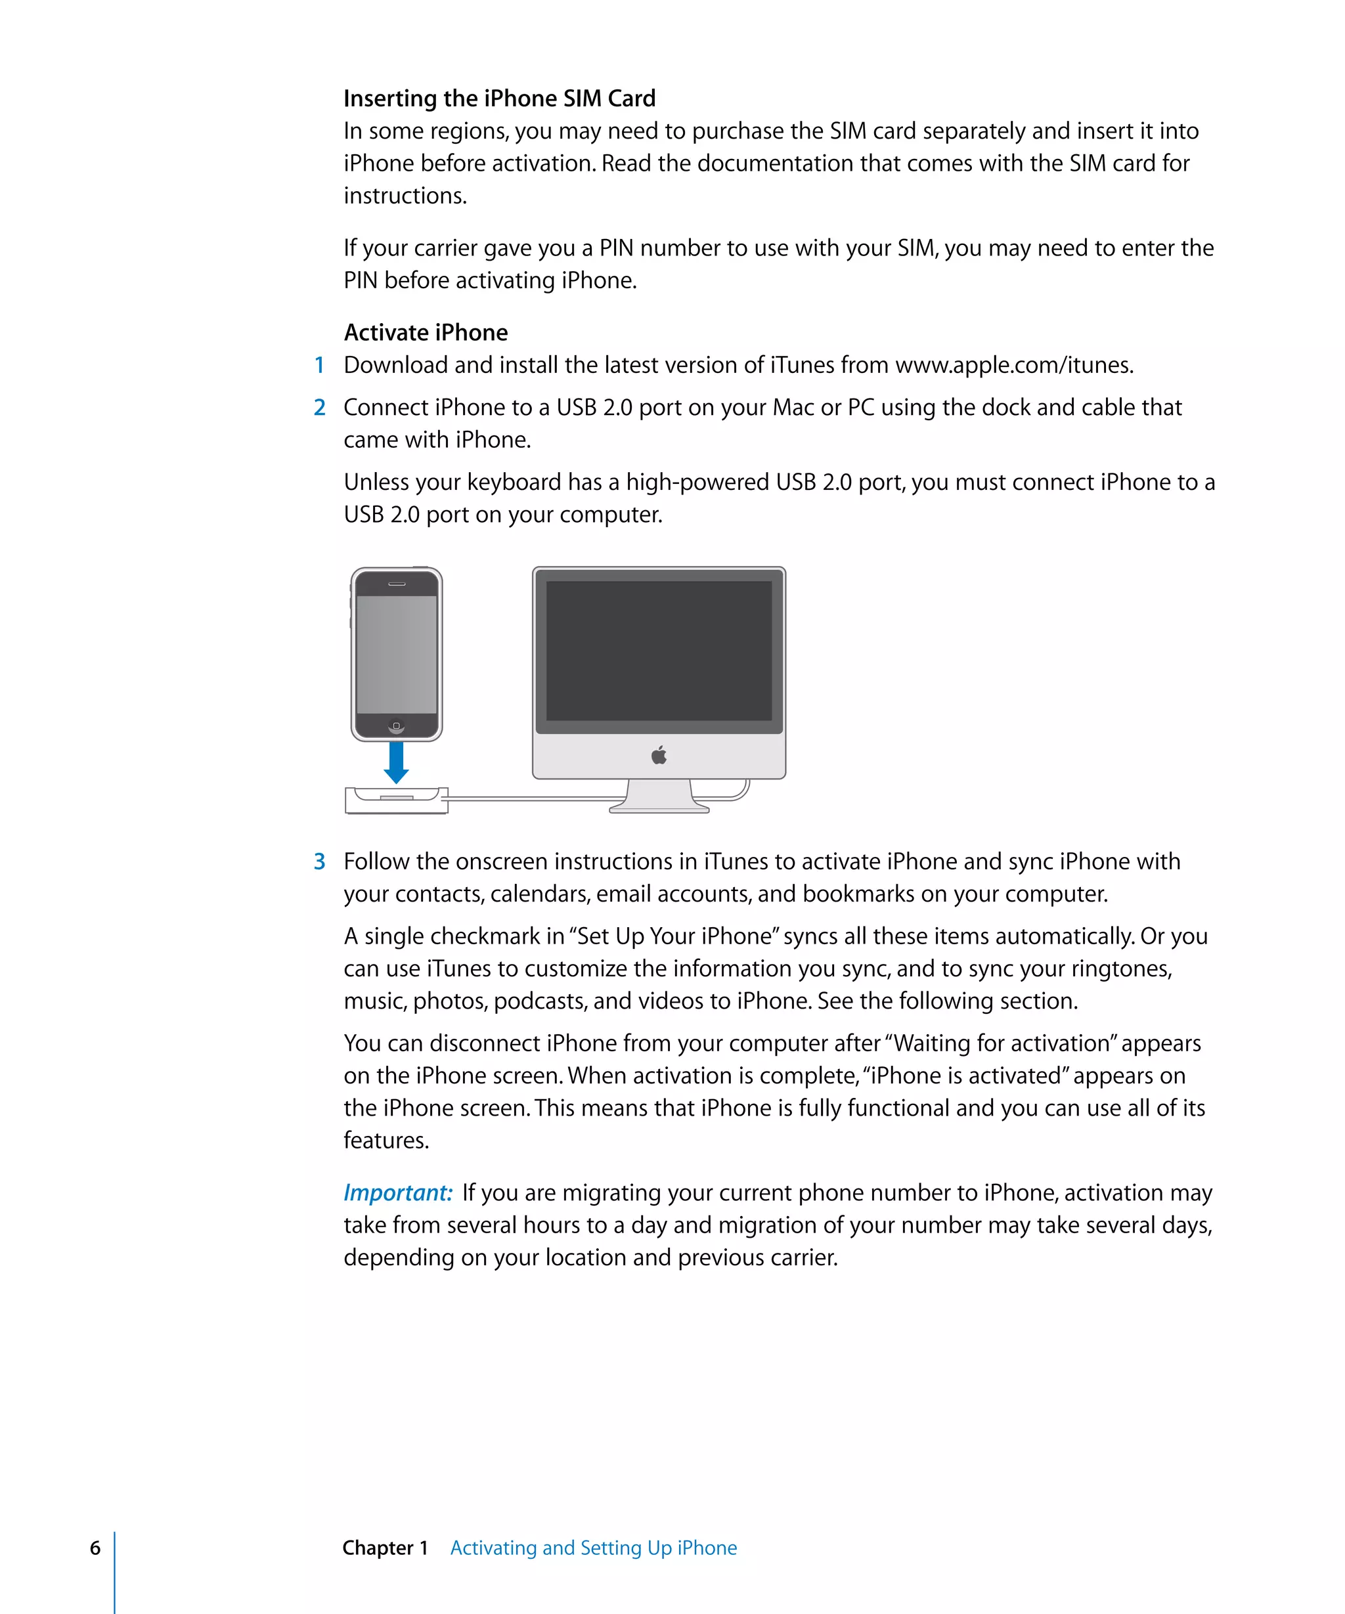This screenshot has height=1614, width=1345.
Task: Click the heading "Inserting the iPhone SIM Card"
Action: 499,98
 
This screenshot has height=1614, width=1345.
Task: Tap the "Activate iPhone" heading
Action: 425,332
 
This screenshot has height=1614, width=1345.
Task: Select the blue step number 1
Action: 319,365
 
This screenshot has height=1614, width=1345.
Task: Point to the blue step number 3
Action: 319,862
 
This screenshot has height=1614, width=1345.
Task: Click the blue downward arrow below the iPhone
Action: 396,762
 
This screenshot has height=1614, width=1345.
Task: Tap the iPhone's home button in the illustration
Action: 396,726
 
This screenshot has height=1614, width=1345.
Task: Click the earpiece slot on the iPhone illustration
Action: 396,584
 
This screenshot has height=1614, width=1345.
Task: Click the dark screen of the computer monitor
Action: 659,650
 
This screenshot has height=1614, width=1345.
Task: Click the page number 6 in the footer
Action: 95,1547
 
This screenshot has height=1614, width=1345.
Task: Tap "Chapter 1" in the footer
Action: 384,1547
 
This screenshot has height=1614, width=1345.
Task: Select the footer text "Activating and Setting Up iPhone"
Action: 593,1547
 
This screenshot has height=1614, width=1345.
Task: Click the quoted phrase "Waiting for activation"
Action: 1002,1043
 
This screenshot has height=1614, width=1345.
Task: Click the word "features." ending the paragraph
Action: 386,1140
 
